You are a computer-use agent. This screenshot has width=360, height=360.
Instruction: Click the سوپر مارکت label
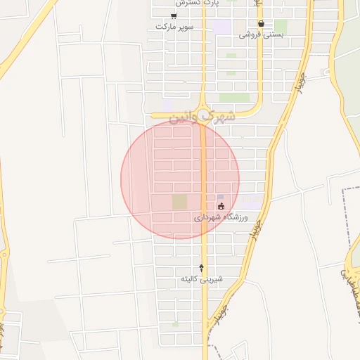(x=174, y=27)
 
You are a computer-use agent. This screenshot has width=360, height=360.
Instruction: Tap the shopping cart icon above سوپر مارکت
(x=173, y=15)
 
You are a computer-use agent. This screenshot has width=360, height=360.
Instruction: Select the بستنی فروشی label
(x=261, y=34)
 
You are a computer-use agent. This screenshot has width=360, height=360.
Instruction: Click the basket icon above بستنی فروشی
(x=261, y=23)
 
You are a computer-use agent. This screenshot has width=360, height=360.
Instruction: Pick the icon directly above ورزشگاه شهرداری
(x=221, y=207)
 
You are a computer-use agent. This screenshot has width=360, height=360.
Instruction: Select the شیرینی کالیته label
(x=202, y=279)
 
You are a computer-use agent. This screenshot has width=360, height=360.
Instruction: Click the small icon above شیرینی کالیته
(x=202, y=268)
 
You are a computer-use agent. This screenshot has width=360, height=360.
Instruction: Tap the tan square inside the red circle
(x=179, y=202)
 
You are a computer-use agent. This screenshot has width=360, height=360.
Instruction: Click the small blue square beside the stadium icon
(x=221, y=197)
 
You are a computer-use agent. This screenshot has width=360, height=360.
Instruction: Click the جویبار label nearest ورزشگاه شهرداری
(x=257, y=229)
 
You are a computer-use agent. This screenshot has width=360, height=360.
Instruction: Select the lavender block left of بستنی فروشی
(x=222, y=27)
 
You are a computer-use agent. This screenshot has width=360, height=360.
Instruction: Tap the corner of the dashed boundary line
(x=345, y=189)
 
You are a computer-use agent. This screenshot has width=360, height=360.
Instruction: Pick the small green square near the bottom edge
(x=175, y=325)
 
